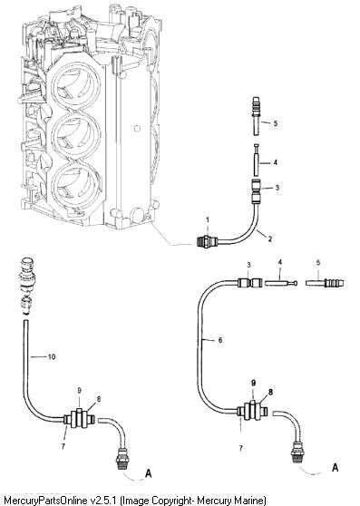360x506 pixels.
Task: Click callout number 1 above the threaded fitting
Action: point(208,219)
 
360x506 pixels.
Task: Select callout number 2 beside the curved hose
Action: point(270,238)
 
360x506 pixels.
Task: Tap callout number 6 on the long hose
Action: point(220,340)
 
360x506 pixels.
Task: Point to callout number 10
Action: point(52,356)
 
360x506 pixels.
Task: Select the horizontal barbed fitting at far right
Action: point(325,283)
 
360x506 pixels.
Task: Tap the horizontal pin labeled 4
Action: point(280,283)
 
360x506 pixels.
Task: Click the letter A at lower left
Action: point(149,473)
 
